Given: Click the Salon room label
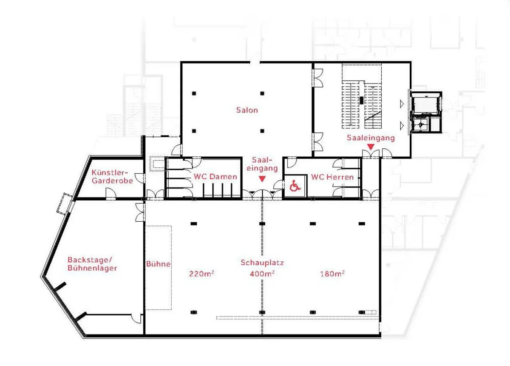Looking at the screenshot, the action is pyautogui.click(x=247, y=110).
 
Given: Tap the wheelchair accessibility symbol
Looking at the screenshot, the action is pyautogui.click(x=295, y=186).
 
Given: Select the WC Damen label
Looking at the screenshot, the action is pyautogui.click(x=215, y=177).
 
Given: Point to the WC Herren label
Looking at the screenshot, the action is pyautogui.click(x=332, y=177).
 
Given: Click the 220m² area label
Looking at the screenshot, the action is pyautogui.click(x=202, y=273).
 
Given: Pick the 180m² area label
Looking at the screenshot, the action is pyautogui.click(x=332, y=273).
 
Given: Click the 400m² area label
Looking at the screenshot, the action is pyautogui.click(x=262, y=273).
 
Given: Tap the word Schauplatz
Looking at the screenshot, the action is pyautogui.click(x=262, y=263).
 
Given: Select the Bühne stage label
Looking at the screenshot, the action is pyautogui.click(x=158, y=264).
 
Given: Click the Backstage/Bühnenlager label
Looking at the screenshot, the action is pyautogui.click(x=93, y=264).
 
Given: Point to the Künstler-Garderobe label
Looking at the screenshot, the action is pyautogui.click(x=112, y=177).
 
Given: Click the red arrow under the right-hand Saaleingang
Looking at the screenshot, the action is pyautogui.click(x=371, y=147).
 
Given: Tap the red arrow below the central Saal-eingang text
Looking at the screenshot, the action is pyautogui.click(x=262, y=179).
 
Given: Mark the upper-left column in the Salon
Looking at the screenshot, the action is pyautogui.click(x=194, y=93).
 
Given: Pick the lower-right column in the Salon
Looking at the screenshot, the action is pyautogui.click(x=262, y=131).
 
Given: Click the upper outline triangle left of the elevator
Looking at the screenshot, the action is pyautogui.click(x=402, y=104).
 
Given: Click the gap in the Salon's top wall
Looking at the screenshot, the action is pyautogui.click(x=255, y=62).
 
